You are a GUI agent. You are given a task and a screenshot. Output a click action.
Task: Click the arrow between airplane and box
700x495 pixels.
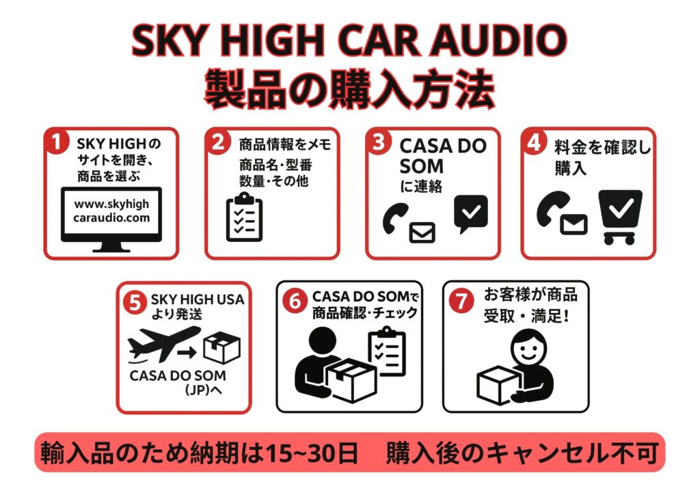(186, 353)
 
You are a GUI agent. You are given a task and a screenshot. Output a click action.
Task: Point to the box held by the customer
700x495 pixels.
(498, 384)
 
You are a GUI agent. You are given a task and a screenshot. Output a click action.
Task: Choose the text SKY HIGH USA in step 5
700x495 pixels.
(197, 300)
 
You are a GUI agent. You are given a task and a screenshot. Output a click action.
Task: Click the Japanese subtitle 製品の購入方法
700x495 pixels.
(349, 90)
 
